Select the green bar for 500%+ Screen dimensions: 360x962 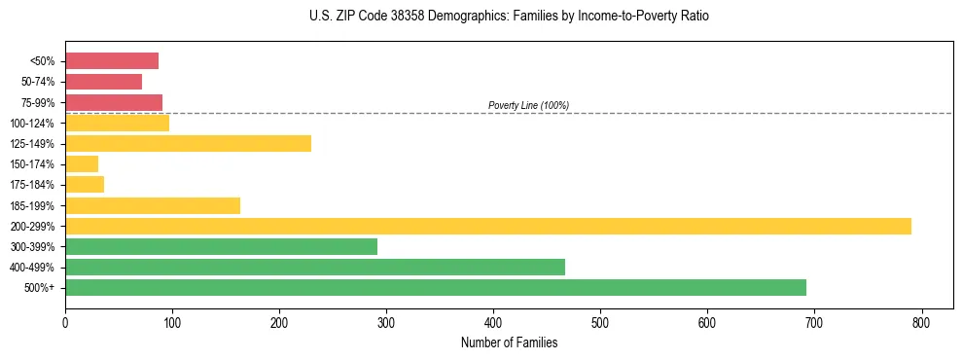(436, 287)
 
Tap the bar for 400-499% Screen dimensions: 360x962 (315, 267)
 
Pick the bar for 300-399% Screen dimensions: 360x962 (221, 246)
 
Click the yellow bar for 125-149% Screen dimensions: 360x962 (188, 144)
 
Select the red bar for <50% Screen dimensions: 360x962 (112, 61)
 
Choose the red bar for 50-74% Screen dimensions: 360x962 (103, 82)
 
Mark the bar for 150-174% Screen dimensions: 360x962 (82, 164)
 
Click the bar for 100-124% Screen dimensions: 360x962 (117, 123)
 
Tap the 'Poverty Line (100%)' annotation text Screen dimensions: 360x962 (528, 105)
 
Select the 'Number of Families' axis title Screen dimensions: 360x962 (510, 342)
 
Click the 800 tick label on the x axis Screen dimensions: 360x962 (921, 322)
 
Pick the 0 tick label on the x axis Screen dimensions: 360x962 (65, 322)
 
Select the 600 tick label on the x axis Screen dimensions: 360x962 (707, 322)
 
